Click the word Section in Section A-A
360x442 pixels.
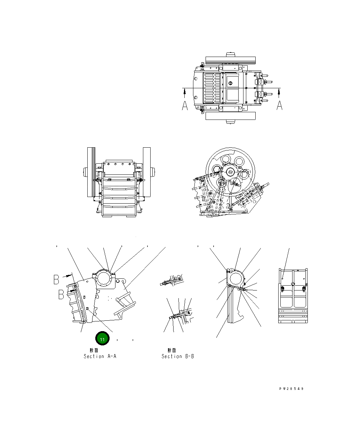pos(94,356)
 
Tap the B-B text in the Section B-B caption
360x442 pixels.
pos(190,356)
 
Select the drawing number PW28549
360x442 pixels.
pos(291,389)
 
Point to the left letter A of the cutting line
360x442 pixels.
pos(185,106)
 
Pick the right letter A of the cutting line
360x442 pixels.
pos(279,105)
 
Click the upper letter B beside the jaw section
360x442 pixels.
pos(56,279)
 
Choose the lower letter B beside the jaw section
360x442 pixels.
pos(61,294)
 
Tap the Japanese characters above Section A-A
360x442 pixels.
pos(94,350)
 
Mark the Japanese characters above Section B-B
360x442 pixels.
pos(172,350)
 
